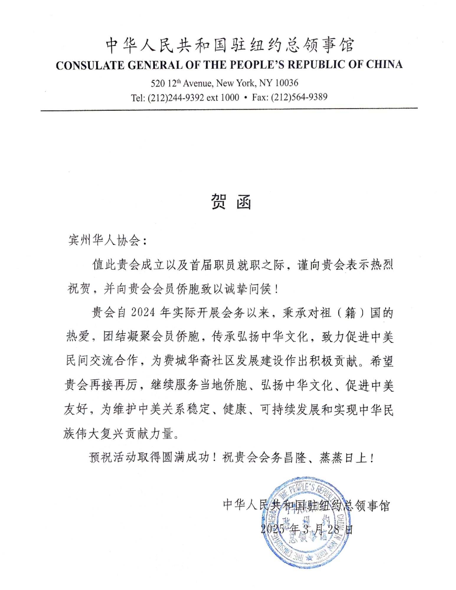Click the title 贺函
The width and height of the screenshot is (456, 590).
(x=231, y=202)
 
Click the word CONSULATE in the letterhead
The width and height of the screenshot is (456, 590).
(x=90, y=65)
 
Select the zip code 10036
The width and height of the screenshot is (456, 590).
(x=287, y=83)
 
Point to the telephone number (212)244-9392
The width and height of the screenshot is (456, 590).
(x=176, y=97)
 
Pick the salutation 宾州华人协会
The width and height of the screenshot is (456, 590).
(x=104, y=240)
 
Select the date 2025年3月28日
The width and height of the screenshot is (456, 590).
(x=306, y=529)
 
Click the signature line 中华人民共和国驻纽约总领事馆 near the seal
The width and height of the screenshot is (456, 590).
(x=306, y=505)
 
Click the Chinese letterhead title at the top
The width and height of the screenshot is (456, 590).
(x=230, y=45)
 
